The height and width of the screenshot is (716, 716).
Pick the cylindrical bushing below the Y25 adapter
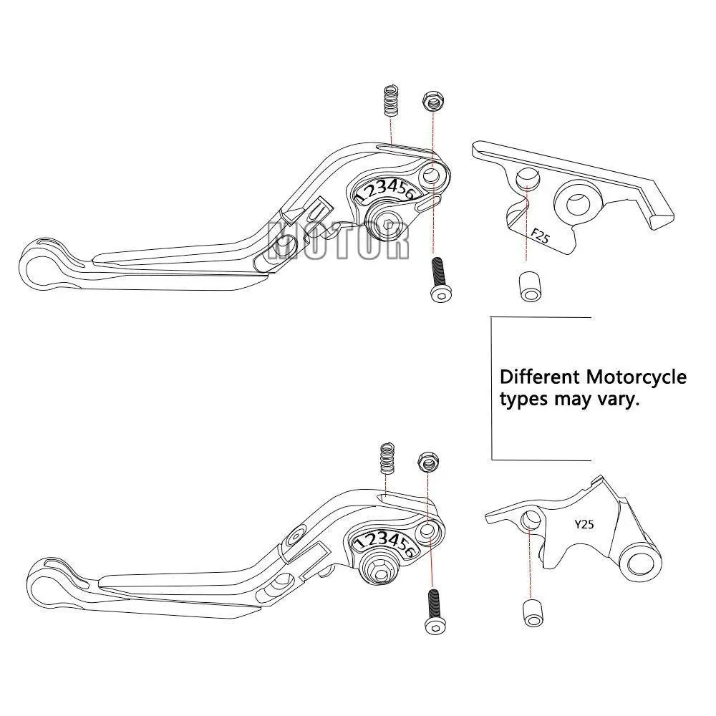(x=531, y=614)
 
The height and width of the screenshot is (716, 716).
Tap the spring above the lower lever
(x=388, y=457)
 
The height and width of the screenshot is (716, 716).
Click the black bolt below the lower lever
(x=434, y=611)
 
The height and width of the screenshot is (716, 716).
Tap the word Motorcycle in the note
(x=636, y=377)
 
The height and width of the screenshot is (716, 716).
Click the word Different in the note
(x=540, y=377)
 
